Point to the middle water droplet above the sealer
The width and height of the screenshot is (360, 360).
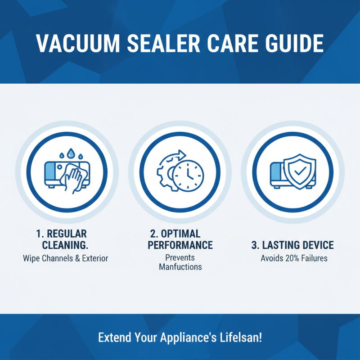pos(70,154)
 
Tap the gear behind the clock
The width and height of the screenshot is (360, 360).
pos(165,174)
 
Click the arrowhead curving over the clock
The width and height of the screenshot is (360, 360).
pos(182,154)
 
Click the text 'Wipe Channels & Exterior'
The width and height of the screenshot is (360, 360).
pos(66,259)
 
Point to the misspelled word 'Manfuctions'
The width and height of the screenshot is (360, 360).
pos(180,266)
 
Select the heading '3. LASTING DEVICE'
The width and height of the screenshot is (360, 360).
pos(292,245)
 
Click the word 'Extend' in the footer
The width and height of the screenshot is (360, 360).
pos(114,337)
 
